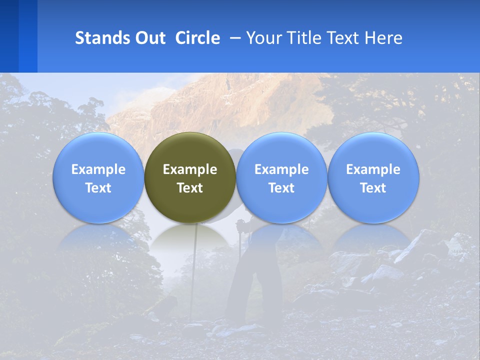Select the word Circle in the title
[197, 38]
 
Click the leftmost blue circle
[98, 150]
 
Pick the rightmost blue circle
[373, 150]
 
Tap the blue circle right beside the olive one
[281, 150]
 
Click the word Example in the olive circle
[190, 169]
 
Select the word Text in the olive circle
[190, 188]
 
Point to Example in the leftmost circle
[98, 169]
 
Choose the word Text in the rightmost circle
[373, 188]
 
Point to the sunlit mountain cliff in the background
[225, 105]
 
